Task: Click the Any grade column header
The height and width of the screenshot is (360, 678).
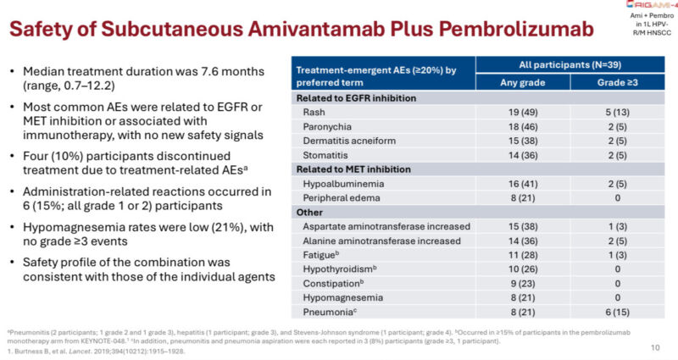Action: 523,81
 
